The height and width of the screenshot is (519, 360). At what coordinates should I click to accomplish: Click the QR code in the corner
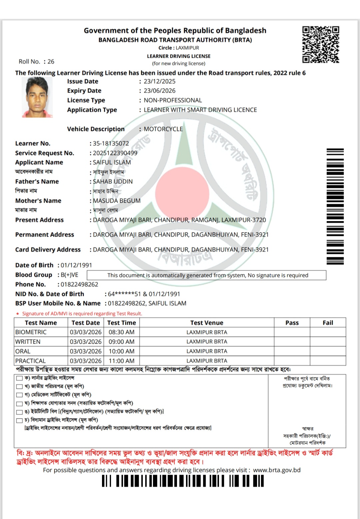click(x=321, y=45)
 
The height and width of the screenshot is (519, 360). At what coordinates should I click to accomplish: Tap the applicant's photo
click(x=37, y=97)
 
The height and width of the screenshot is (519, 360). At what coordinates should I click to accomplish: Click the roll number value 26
click(x=51, y=62)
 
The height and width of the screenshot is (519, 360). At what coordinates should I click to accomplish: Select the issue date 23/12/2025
click(x=159, y=81)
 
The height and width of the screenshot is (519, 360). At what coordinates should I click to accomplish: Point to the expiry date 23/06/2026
click(x=159, y=91)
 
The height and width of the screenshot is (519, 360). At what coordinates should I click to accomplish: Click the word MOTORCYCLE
click(x=163, y=129)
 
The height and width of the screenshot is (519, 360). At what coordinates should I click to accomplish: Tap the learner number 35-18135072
click(x=111, y=143)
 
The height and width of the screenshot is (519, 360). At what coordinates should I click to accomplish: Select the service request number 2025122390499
click(x=115, y=153)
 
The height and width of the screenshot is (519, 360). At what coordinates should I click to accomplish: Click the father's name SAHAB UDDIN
click(x=113, y=181)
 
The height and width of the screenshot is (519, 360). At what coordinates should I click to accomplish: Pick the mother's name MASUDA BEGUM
click(x=117, y=201)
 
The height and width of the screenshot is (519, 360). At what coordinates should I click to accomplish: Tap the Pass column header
click(x=292, y=323)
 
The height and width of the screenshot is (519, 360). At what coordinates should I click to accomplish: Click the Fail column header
click(x=328, y=323)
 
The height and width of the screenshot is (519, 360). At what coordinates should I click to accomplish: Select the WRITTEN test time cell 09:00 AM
click(x=121, y=342)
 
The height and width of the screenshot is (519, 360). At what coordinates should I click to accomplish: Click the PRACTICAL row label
click(x=30, y=361)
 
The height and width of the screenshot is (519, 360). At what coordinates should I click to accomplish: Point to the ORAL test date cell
click(x=86, y=351)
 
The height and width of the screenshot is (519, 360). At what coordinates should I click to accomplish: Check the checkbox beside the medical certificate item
click(x=19, y=395)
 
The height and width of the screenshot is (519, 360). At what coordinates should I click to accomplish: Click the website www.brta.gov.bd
click(x=277, y=470)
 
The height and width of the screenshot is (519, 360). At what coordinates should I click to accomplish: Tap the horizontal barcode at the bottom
click(x=183, y=481)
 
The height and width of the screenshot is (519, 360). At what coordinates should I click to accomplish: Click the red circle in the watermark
click(x=182, y=193)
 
